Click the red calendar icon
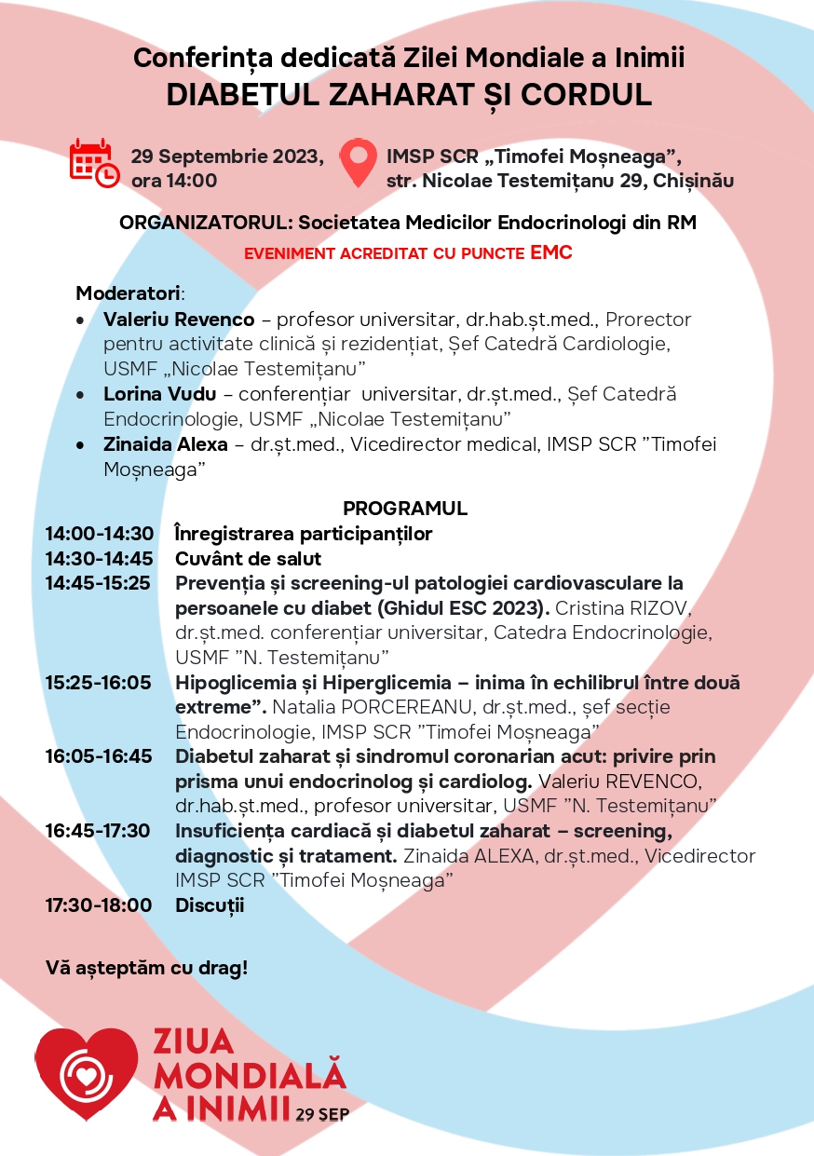click(x=93, y=162)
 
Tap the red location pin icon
click(x=358, y=163)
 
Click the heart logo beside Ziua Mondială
click(x=86, y=1072)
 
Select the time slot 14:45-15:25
click(x=98, y=583)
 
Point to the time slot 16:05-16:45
click(x=99, y=755)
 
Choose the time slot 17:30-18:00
click(x=99, y=904)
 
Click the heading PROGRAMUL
click(x=405, y=509)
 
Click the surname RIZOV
click(x=678, y=608)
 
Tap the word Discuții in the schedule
click(x=210, y=904)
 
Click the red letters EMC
click(x=550, y=252)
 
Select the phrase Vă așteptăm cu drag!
click(x=147, y=968)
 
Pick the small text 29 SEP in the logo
click(x=322, y=1114)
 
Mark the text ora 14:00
click(x=174, y=181)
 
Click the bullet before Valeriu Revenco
click(x=82, y=320)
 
